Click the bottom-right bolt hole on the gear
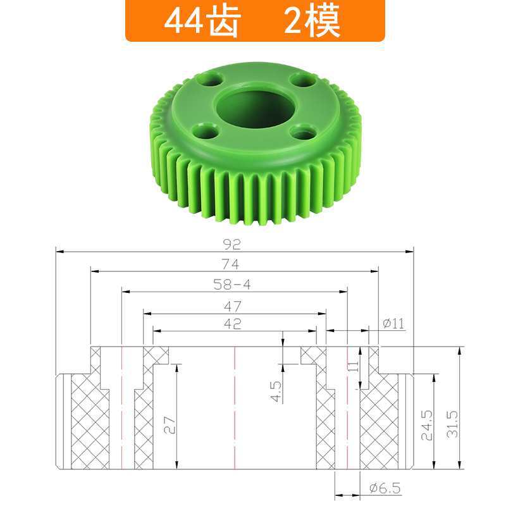(304, 133)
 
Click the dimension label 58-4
(232, 285)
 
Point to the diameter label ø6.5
(384, 488)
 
